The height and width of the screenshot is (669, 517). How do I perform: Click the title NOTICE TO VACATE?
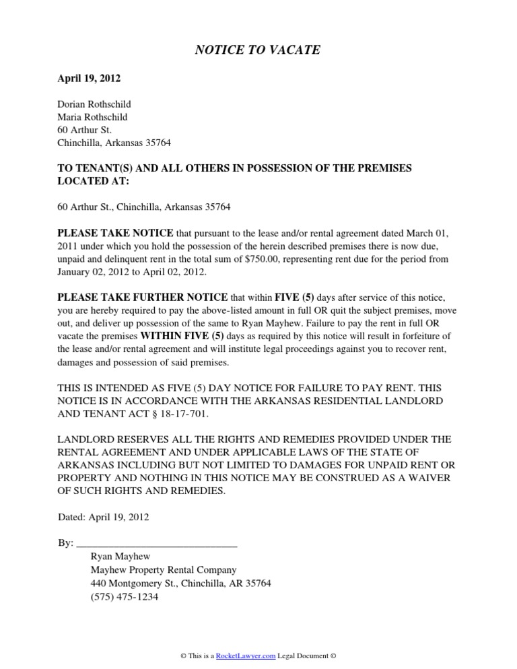(x=258, y=50)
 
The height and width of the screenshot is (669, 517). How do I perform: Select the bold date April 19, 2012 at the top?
(x=89, y=79)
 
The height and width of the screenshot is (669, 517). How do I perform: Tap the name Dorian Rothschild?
(x=94, y=104)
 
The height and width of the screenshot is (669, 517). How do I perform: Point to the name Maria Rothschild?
(x=93, y=117)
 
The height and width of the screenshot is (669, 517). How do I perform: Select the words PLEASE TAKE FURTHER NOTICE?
(x=143, y=297)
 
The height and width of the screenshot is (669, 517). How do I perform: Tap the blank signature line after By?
(x=158, y=542)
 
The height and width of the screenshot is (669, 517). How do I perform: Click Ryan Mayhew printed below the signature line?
(x=120, y=557)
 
